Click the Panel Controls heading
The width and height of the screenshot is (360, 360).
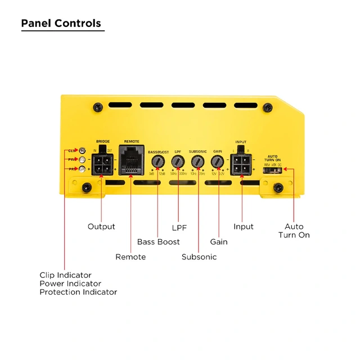coord(61,23)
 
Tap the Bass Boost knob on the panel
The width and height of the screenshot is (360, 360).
coord(158,162)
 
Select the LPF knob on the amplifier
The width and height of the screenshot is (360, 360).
coord(178,162)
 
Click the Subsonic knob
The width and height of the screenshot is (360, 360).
coord(197,162)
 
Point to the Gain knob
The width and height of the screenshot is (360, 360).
coord(218,162)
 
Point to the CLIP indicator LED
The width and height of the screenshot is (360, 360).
coord(83,150)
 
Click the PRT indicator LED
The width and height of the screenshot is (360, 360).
coord(83,169)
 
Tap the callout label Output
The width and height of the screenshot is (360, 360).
coord(101,227)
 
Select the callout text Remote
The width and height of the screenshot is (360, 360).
coord(130,257)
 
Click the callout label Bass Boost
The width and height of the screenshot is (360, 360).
coord(159,242)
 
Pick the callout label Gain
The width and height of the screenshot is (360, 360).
coord(219,242)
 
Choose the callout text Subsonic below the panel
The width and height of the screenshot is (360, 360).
coord(199,257)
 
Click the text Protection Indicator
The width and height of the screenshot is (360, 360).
coord(78,292)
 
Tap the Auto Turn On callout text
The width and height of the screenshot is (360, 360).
coord(294,231)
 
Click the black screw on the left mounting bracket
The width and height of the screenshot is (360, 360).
coord(87,187)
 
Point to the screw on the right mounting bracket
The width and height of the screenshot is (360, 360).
coord(277,187)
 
